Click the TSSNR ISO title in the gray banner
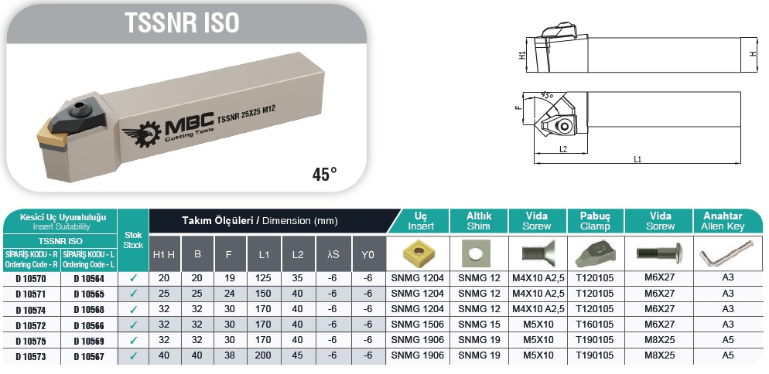coord(182,22)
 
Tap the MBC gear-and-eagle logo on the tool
coord(142,134)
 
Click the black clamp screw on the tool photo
coord(79,108)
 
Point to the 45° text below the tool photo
coord(325,174)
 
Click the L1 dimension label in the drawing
coord(637,159)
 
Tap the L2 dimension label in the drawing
coord(563,149)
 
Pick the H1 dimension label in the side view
coord(522,56)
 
